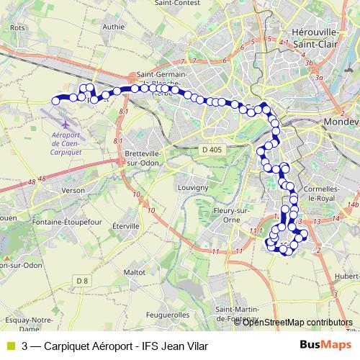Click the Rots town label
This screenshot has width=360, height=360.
(x=18, y=28)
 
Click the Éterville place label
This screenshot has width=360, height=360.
(x=125, y=226)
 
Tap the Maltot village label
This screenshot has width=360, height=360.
(x=135, y=273)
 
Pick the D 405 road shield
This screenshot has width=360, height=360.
(x=209, y=149)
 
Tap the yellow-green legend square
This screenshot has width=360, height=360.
(x=10, y=345)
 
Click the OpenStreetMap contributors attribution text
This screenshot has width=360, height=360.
(x=297, y=322)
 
